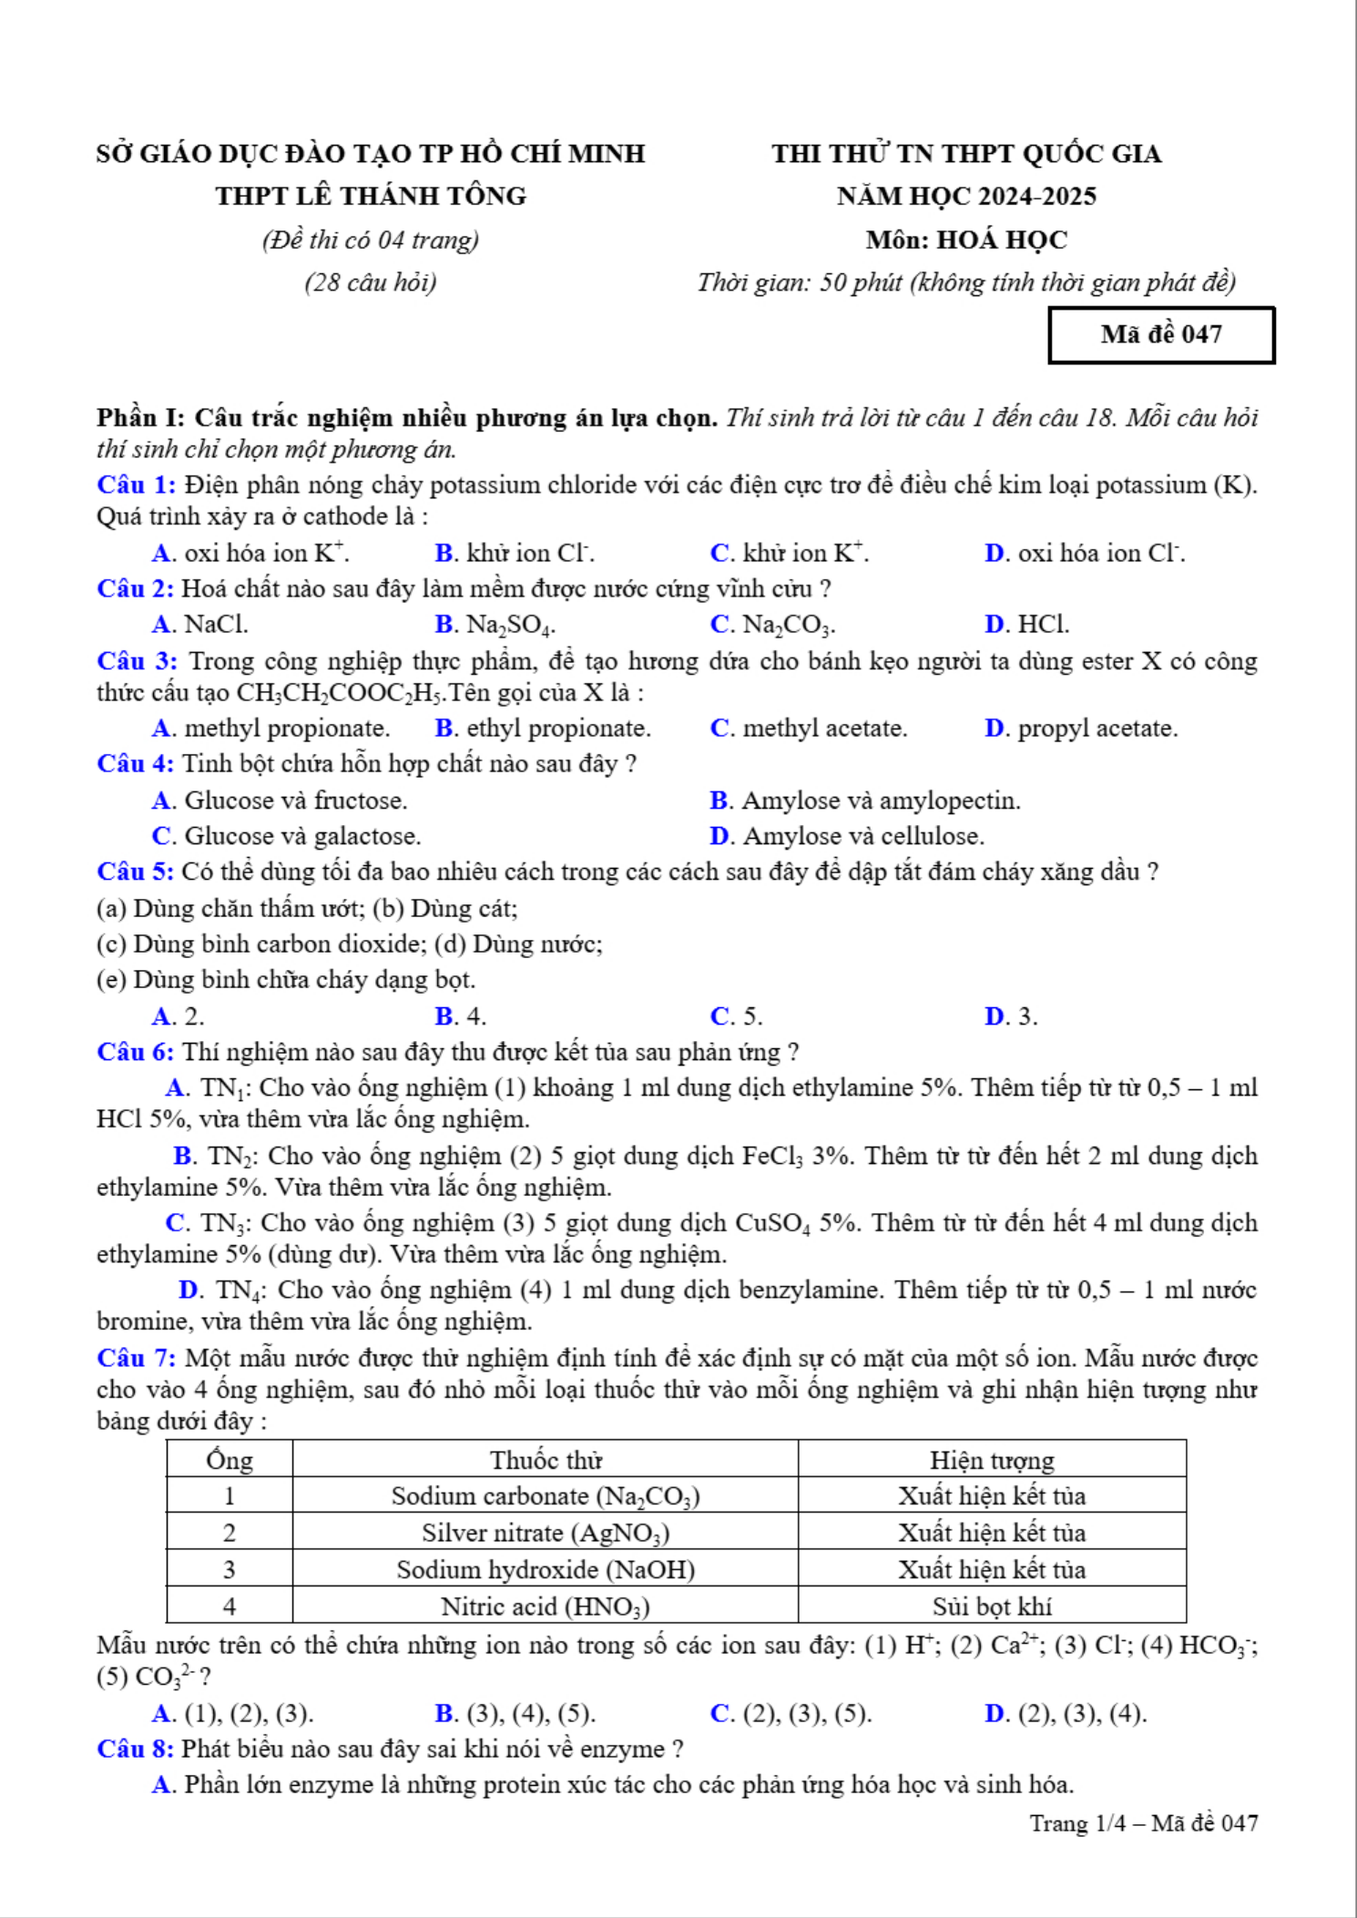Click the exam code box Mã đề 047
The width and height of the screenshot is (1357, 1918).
pos(1161,335)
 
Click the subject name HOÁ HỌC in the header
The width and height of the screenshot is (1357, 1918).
pos(1002,240)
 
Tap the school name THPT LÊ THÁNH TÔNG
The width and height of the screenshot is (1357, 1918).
pos(371,196)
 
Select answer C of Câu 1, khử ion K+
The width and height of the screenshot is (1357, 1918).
pos(789,554)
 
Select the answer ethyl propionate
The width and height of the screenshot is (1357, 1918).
pos(543,729)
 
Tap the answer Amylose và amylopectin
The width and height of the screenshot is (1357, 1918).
pos(865,801)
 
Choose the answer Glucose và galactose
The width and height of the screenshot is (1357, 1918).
pos(286,836)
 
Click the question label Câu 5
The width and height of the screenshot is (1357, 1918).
pos(135,872)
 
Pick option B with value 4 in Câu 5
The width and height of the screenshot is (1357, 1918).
pos(461,1016)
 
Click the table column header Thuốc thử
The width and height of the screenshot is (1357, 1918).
pos(546,1460)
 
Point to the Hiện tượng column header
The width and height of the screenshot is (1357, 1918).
pos(992,1460)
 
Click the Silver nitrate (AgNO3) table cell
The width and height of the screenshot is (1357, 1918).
pos(546,1533)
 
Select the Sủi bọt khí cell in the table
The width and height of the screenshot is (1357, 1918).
pos(992,1607)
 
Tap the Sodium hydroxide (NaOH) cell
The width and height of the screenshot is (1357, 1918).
pos(546,1570)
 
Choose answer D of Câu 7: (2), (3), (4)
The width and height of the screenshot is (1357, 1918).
pos(1066,1714)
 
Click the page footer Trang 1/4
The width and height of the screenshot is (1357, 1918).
pos(1077,1823)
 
